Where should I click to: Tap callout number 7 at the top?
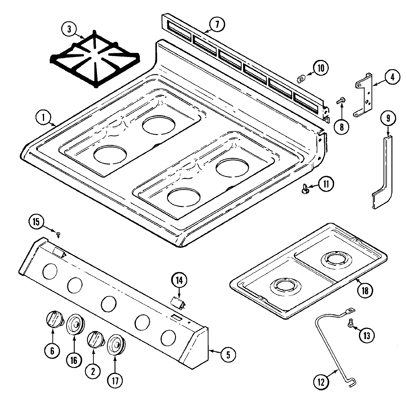217,24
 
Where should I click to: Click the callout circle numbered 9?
388,119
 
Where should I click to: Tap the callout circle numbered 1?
43,118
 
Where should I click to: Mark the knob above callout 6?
54,319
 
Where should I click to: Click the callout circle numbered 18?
365,290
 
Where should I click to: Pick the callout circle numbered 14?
179,281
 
